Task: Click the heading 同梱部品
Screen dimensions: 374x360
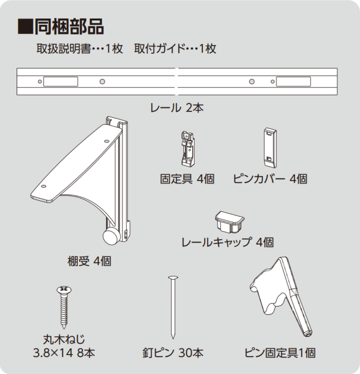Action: click(69, 27)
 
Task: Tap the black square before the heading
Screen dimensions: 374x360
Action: click(25, 27)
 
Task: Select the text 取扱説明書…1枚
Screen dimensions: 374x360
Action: click(79, 49)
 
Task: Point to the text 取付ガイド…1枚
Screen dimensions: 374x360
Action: click(175, 49)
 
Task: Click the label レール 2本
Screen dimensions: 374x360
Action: click(177, 107)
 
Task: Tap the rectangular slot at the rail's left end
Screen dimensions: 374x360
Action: click(61, 82)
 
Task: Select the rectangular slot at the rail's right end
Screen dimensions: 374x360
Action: click(293, 82)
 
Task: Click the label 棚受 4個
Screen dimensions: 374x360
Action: click(89, 261)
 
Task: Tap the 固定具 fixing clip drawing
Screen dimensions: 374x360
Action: click(187, 149)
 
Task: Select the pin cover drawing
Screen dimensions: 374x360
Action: click(270, 148)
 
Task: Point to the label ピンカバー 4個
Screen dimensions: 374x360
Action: click(270, 179)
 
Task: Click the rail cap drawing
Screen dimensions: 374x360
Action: click(229, 221)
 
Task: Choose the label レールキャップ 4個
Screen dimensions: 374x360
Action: click(227, 242)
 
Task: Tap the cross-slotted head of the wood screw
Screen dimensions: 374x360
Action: click(64, 289)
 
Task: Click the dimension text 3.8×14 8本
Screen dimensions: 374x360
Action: click(64, 353)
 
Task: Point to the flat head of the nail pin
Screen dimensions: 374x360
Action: click(173, 278)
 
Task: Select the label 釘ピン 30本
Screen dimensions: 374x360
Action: click(173, 353)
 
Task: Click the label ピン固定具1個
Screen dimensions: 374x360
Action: click(280, 353)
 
